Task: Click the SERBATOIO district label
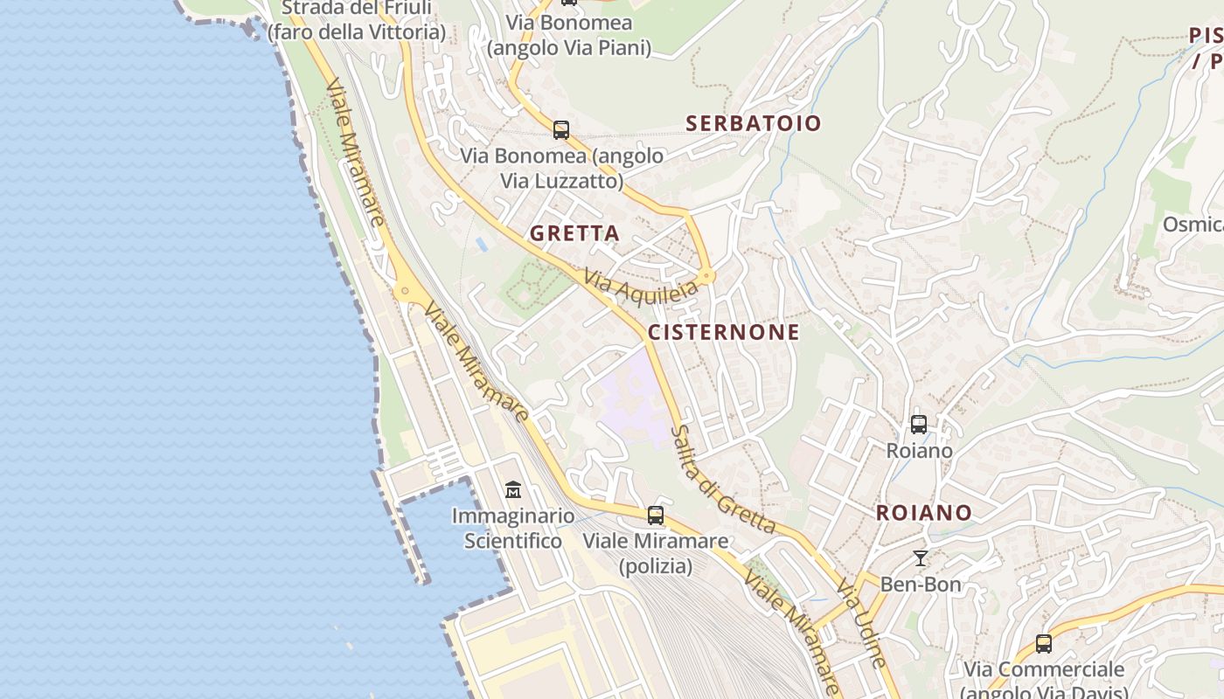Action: tap(754, 123)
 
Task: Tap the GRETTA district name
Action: tap(574, 233)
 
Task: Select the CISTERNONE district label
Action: tap(723, 332)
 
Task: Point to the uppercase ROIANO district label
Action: tap(923, 513)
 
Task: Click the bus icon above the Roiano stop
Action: tap(919, 425)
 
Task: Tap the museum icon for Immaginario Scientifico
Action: tap(513, 490)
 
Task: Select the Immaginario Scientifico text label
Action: tap(512, 529)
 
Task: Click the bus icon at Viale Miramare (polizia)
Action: tap(656, 516)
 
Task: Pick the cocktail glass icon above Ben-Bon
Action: tap(920, 557)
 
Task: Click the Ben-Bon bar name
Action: tap(920, 584)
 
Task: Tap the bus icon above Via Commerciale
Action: tap(1043, 644)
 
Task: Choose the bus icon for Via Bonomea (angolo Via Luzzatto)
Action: tap(561, 130)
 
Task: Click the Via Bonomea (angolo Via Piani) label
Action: tap(569, 35)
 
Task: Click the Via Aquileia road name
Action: tap(641, 285)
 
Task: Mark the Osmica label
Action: tap(1193, 225)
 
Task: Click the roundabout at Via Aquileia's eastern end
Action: tap(707, 277)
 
